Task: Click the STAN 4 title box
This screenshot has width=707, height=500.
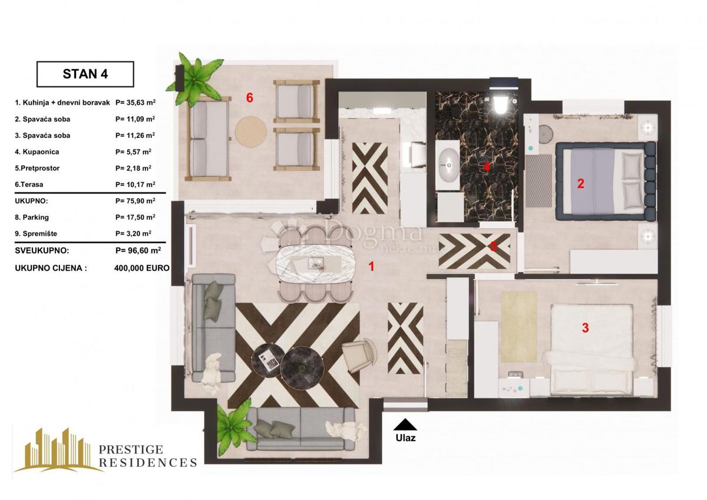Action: [x=85, y=74]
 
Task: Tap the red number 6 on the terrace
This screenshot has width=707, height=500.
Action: [x=250, y=98]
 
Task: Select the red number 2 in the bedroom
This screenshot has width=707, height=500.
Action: [x=580, y=183]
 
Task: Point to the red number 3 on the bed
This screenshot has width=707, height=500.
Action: [x=585, y=328]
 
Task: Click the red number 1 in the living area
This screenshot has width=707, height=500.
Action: [x=372, y=267]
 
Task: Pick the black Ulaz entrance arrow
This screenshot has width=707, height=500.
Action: [x=405, y=425]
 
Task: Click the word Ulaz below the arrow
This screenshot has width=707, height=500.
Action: [x=405, y=438]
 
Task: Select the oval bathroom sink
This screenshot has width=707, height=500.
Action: [x=448, y=165]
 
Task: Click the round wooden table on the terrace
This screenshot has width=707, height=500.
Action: [x=251, y=131]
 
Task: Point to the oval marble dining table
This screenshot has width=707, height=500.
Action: [x=316, y=262]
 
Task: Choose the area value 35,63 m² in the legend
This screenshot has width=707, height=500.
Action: [x=136, y=103]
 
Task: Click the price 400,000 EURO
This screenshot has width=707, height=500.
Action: [x=142, y=268]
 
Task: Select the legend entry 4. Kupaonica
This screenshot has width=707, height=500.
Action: [x=37, y=152]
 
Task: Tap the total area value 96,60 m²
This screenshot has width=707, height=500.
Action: [x=138, y=251]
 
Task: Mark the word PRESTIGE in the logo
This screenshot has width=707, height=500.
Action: [x=131, y=449]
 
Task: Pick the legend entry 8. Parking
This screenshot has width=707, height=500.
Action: [x=32, y=218]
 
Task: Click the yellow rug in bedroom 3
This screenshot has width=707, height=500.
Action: [x=518, y=327]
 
